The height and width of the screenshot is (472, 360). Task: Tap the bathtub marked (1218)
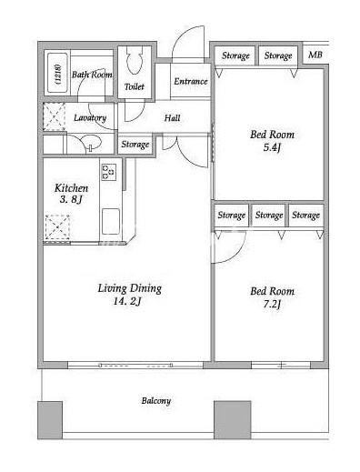57,74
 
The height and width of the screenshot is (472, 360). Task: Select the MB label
315,55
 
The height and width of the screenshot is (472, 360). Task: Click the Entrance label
191,81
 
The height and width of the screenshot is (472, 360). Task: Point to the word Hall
172,117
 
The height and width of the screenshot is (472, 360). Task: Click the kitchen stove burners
109,172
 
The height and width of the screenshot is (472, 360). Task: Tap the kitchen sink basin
111,221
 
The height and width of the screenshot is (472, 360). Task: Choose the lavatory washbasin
91,143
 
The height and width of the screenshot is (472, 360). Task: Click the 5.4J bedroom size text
272,147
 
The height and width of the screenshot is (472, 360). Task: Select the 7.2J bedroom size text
272,304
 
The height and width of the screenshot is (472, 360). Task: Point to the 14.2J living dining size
127,301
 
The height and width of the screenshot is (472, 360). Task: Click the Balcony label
156,401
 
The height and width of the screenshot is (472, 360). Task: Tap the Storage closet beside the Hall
135,145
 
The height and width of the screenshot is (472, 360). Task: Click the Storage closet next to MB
278,55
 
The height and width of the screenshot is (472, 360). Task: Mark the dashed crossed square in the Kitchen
57,227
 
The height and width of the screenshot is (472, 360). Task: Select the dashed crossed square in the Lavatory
54,116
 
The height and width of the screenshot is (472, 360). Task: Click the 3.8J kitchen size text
71,200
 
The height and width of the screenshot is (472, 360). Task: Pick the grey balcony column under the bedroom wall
233,420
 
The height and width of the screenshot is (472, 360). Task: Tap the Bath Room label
92,75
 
